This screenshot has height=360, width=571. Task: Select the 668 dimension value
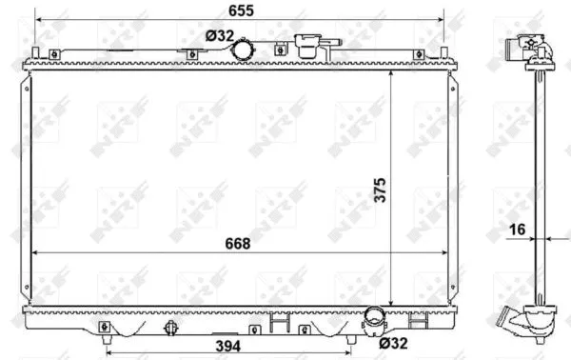(237, 244)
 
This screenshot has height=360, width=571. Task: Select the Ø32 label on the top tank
(221, 36)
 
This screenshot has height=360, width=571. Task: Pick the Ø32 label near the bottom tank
(393, 343)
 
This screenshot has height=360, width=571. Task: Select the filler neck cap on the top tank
(309, 43)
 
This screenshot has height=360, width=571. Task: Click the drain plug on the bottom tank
(172, 329)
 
